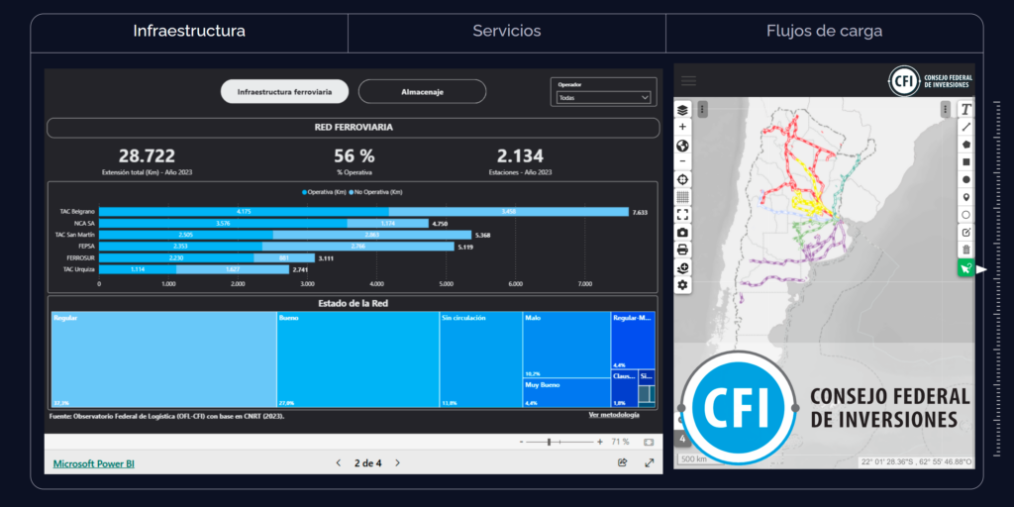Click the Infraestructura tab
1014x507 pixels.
189,32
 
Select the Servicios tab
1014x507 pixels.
506,32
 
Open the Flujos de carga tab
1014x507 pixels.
824,32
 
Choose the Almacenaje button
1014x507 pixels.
422,92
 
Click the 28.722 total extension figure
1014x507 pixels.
147,156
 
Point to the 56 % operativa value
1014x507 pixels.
354,156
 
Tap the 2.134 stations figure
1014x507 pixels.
520,156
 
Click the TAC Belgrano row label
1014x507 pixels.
77,212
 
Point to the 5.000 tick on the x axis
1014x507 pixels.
445,283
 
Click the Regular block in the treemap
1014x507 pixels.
162,358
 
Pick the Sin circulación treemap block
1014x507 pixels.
480,358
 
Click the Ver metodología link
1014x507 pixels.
614,414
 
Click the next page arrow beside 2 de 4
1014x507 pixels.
398,462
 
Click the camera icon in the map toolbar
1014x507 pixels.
683,232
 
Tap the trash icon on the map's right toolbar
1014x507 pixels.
966,250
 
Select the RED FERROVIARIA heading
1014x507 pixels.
353,128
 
